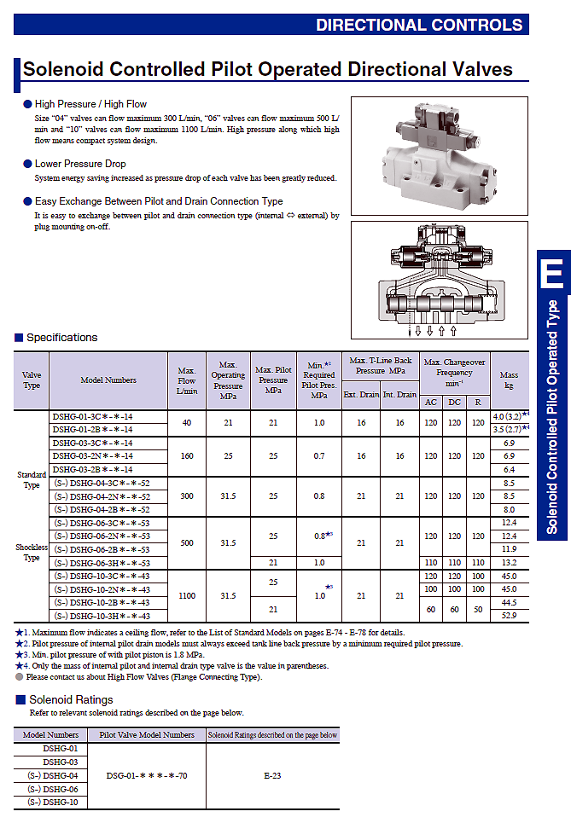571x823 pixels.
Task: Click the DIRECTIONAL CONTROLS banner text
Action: point(419,25)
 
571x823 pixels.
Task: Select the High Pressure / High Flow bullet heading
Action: point(90,104)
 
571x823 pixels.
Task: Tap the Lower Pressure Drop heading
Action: point(80,164)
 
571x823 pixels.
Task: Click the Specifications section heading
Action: point(62,338)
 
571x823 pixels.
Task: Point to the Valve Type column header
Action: point(32,380)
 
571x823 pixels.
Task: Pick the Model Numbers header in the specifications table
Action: point(108,380)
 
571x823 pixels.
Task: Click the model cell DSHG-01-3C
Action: point(92,417)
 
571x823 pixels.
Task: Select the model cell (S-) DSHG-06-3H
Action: point(102,563)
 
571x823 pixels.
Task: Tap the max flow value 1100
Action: point(187,596)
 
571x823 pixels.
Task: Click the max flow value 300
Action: point(187,496)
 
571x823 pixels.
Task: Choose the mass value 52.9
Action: point(509,615)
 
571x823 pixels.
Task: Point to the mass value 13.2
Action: point(509,563)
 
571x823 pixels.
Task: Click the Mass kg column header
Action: point(509,380)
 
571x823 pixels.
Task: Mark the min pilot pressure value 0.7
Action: point(319,456)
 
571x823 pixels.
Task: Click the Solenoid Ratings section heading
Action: point(71,699)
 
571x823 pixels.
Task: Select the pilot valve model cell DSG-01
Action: point(147,776)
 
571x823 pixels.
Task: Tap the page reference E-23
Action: point(272,776)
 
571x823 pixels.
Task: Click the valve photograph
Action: point(440,156)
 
